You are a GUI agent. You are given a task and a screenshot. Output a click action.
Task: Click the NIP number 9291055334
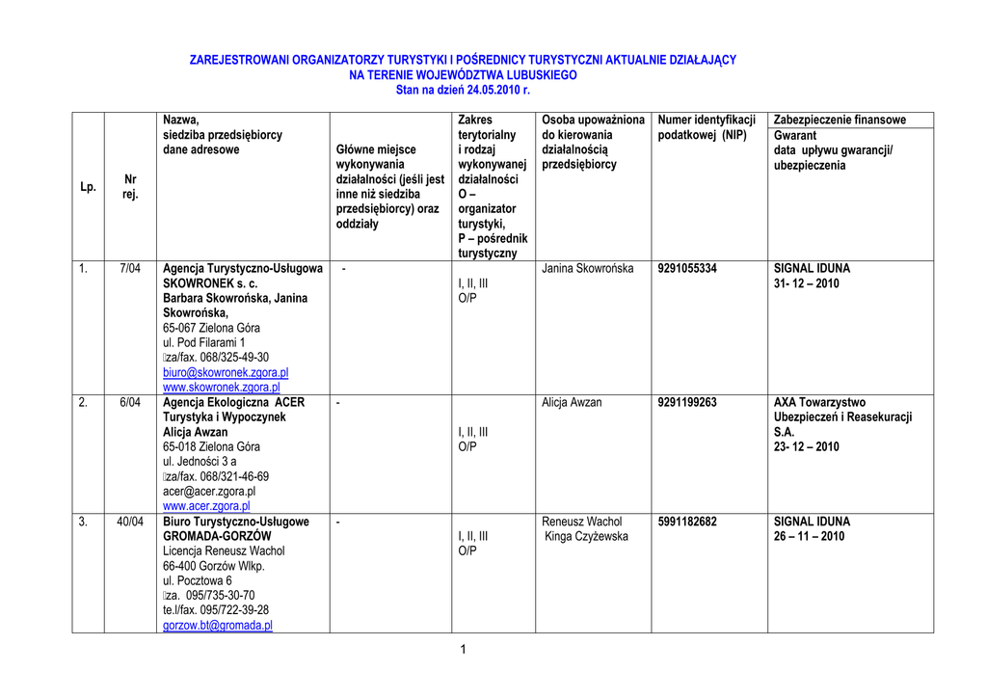coord(687,269)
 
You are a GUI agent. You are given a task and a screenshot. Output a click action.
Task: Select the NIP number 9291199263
coord(687,403)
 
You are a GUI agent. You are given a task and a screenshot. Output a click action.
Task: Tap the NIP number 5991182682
coord(687,523)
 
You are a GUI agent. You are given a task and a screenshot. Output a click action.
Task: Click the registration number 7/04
coord(130,269)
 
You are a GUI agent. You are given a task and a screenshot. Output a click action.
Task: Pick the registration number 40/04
coord(130,523)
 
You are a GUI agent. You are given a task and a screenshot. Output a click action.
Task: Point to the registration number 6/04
coord(130,403)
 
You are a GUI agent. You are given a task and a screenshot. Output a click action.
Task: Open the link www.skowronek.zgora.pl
coord(221,388)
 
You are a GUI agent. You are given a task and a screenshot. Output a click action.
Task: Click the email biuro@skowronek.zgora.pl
coord(226,373)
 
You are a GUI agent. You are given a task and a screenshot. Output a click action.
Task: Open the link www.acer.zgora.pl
coord(206,506)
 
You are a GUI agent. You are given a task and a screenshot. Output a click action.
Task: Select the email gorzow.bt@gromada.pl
coord(218,626)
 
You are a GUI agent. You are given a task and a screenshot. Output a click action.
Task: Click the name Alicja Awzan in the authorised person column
coord(572,403)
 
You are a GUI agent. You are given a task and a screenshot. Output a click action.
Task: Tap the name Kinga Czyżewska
coord(586,537)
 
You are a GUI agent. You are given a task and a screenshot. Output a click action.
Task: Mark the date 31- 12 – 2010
coord(806,284)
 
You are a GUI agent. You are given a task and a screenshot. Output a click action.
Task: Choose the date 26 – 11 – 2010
coord(809,537)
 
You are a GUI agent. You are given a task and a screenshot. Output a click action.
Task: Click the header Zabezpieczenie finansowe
coord(840,121)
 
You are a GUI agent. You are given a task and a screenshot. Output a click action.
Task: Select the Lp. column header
coord(88,187)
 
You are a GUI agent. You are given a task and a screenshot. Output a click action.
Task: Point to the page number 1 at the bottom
coord(463,650)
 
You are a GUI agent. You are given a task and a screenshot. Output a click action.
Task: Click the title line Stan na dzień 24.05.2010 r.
coord(463,90)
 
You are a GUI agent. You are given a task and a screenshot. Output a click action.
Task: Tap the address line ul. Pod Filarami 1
coord(204,343)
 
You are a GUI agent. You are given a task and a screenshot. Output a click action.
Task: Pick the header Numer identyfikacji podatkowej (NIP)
coord(706,127)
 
